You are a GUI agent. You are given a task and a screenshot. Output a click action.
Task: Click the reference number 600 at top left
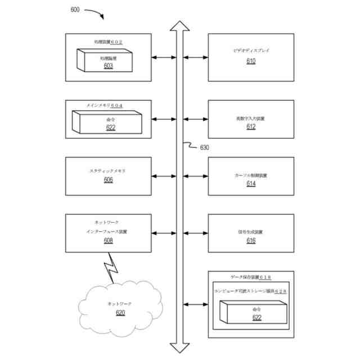(x=75, y=10)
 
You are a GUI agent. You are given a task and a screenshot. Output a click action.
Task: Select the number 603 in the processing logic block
(x=108, y=66)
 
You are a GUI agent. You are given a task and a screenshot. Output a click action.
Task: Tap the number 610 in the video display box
(x=251, y=61)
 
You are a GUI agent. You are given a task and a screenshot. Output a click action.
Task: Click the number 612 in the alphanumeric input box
(x=251, y=127)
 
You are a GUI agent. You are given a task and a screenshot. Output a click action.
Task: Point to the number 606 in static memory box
(x=108, y=180)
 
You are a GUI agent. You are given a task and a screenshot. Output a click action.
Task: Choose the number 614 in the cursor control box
(x=251, y=184)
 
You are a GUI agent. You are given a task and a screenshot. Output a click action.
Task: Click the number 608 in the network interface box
(x=108, y=241)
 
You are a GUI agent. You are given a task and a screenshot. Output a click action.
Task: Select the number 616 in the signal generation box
(x=251, y=241)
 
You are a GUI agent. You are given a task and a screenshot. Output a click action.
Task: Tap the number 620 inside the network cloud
(x=120, y=313)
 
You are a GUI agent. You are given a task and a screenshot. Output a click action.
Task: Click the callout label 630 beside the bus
(x=205, y=148)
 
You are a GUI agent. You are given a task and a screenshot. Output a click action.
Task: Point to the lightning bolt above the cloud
(x=111, y=268)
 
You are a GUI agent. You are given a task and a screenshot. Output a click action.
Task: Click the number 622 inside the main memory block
(x=111, y=128)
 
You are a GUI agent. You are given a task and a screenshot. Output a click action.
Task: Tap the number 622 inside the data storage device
(x=256, y=318)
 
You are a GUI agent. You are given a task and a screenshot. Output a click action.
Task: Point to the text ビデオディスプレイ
(x=251, y=51)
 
